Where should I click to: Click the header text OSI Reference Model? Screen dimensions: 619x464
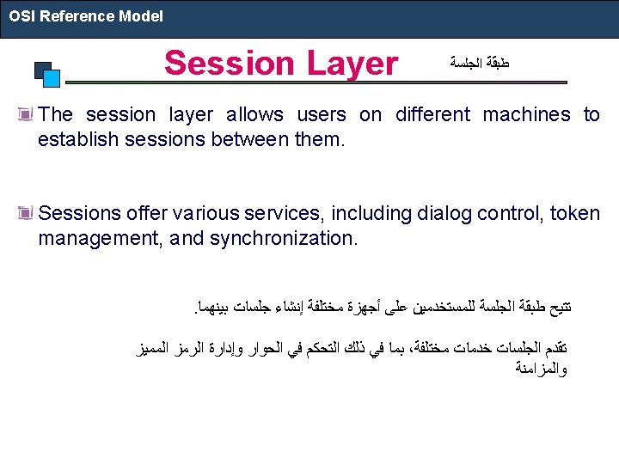[x=86, y=16]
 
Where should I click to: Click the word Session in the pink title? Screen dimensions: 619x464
[x=230, y=63]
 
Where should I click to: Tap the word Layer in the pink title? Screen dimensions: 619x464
[x=352, y=64]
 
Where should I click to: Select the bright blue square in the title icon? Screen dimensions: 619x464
[x=52, y=78]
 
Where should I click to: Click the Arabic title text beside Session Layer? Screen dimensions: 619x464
[x=480, y=63]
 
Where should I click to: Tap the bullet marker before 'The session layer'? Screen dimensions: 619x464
[x=25, y=114]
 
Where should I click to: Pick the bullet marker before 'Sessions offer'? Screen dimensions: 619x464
[x=25, y=213]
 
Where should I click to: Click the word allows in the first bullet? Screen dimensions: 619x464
[x=254, y=114]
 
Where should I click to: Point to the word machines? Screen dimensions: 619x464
[x=527, y=114]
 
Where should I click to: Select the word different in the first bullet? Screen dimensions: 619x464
[x=432, y=114]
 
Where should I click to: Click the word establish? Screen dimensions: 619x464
[x=78, y=139]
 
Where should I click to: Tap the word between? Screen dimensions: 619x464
[x=250, y=139]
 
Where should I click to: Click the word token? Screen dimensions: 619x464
[x=575, y=213]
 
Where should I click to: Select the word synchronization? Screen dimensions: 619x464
[x=284, y=239]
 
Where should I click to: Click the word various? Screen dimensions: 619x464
[x=206, y=213]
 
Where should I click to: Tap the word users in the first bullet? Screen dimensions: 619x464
[x=322, y=114]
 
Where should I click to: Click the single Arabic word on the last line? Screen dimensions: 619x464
[x=542, y=368]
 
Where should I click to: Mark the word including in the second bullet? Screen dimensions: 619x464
[x=371, y=214]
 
